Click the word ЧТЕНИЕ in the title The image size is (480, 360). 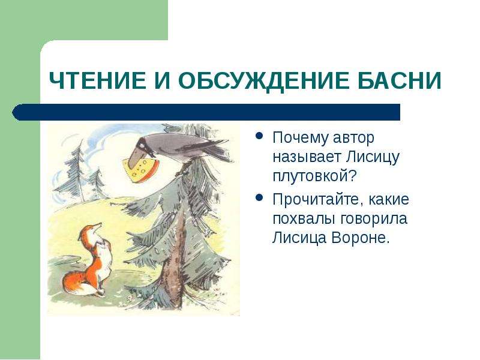98,80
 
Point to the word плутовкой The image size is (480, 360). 314,176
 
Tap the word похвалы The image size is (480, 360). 302,219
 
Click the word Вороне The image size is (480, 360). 361,238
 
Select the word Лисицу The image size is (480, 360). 373,157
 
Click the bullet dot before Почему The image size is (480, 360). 259,136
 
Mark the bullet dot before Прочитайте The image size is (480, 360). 259,197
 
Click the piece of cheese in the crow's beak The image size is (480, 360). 140,170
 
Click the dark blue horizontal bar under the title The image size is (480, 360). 206,112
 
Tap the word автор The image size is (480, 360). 353,138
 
